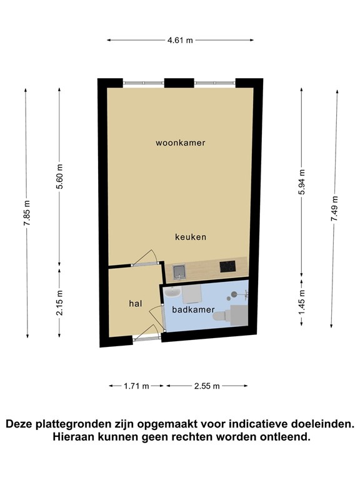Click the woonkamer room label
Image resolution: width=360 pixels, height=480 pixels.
181,142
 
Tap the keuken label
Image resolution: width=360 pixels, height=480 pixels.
191,237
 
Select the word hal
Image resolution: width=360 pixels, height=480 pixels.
135,303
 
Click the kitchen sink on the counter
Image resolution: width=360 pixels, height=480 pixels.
179,271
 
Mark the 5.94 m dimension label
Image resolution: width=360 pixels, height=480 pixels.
302,182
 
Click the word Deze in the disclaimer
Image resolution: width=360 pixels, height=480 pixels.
22,424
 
